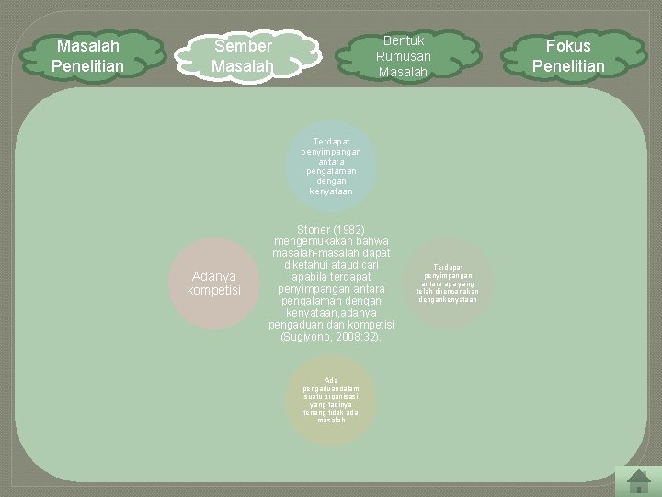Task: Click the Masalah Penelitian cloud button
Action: [x=86, y=55]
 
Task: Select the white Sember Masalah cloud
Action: [x=243, y=56]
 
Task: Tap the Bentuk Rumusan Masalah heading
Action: [x=404, y=56]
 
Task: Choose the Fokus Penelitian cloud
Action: [x=568, y=55]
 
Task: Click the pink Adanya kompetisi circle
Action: [x=212, y=283]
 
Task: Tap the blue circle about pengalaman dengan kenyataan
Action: [x=332, y=166]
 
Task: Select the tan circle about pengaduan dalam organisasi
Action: [x=331, y=400]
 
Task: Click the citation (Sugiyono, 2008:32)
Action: [x=331, y=338]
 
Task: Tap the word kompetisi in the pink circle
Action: [x=213, y=291]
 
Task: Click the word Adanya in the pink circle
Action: [x=213, y=276]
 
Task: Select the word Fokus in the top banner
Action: [x=568, y=45]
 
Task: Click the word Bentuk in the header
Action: [x=404, y=40]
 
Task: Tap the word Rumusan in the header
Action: [x=404, y=56]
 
